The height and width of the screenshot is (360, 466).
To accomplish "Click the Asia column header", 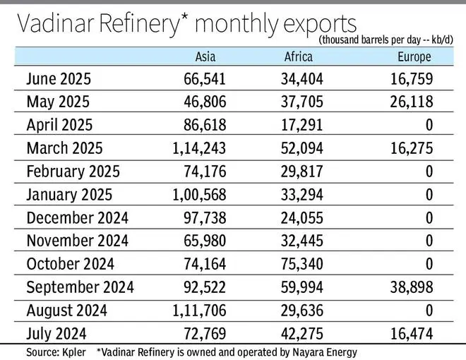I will click(206, 57).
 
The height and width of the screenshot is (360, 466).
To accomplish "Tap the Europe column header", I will click(413, 57).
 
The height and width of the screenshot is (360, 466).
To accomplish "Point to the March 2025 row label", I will click(64, 149).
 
